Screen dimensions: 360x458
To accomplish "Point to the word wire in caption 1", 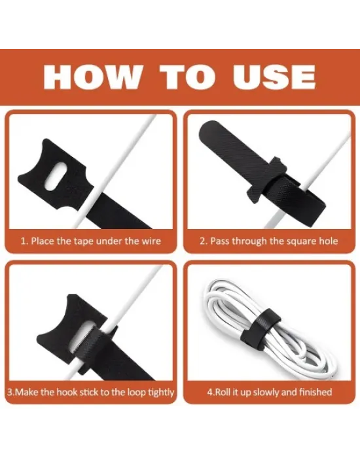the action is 151,241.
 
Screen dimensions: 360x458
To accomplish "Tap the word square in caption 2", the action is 292,241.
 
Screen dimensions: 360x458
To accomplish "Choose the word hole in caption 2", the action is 329,241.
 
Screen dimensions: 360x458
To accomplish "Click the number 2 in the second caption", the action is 202,241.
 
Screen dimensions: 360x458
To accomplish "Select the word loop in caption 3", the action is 136,393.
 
